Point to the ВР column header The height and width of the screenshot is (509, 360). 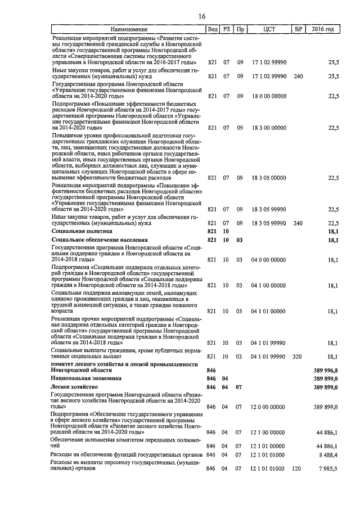coord(298,29)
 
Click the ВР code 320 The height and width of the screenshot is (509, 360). coord(298,357)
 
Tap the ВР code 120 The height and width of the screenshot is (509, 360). coord(298,468)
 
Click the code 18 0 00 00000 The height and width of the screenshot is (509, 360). coord(268,96)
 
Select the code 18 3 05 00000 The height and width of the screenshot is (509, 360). coord(268,178)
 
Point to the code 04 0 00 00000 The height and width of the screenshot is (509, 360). coord(268,260)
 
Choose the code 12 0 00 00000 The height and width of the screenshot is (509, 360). coord(268,407)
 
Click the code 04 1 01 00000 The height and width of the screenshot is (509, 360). coord(268,310)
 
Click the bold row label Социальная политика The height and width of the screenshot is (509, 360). coord(82,231)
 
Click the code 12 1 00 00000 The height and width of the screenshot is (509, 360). coord(268,432)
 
